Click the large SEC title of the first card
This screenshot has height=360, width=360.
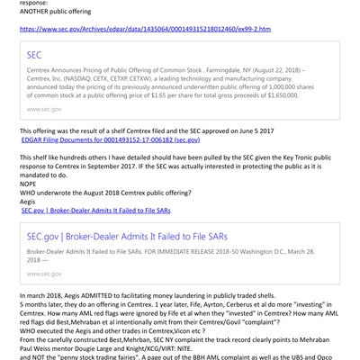click(x=36, y=55)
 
